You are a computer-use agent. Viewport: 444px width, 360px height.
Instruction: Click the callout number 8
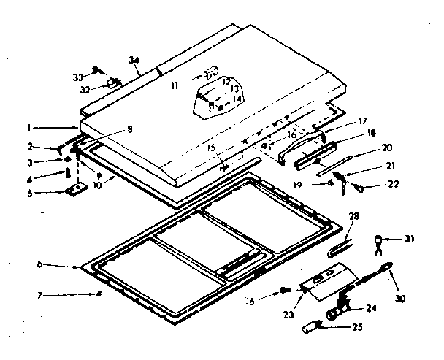pos(130,129)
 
